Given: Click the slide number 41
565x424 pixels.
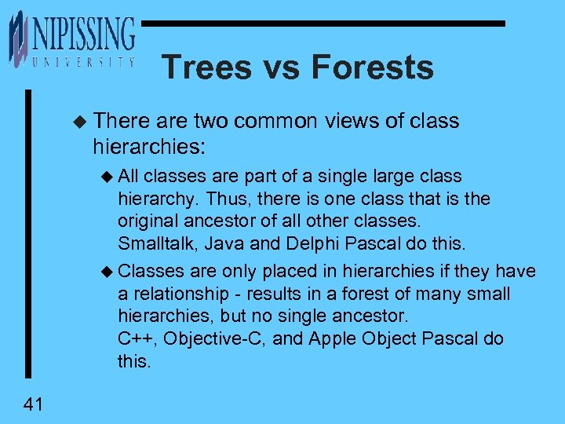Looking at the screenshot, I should pos(33,404).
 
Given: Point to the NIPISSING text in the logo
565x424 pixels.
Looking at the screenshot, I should pos(82,35).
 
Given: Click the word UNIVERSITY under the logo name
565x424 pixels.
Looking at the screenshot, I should pos(82,62).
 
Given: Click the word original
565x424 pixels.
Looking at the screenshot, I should pos(147,221).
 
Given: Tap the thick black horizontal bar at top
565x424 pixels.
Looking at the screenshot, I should pos(322,24).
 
